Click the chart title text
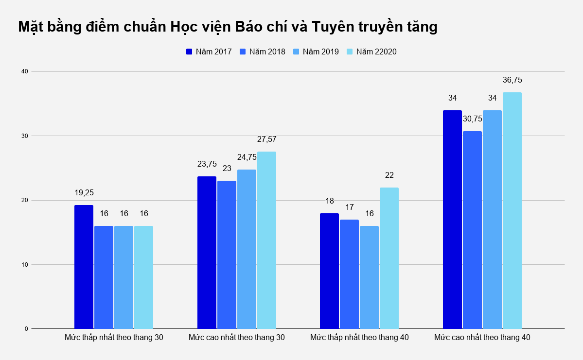(228, 27)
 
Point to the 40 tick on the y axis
(25, 71)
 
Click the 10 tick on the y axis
(25, 264)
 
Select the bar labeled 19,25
(84, 267)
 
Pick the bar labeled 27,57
(266, 240)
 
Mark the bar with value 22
(389, 258)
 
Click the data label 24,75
(247, 157)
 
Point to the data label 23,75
(207, 164)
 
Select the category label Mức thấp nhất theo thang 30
(114, 337)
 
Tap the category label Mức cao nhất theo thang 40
(482, 337)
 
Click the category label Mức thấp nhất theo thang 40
(359, 337)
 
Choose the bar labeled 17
(349, 274)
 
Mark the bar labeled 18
(329, 271)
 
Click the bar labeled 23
(227, 255)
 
